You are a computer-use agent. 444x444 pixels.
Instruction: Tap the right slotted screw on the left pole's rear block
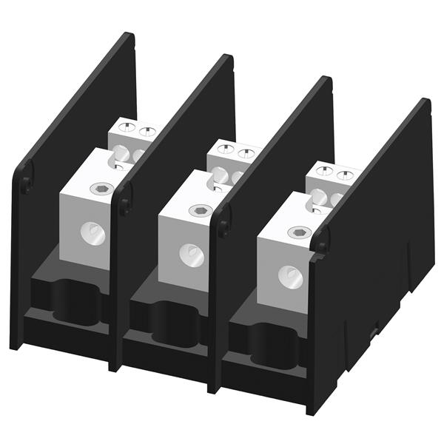click(147, 132)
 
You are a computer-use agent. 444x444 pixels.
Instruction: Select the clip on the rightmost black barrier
click(321, 241)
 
